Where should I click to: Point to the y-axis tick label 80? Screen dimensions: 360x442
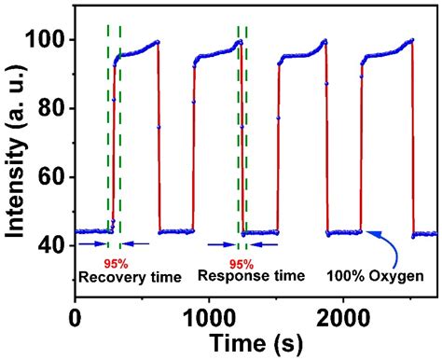pos(49,109)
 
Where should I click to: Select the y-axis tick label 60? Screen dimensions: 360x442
pos(49,177)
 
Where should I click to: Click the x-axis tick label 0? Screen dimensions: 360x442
pos(75,317)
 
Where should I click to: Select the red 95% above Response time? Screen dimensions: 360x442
pos(242,263)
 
